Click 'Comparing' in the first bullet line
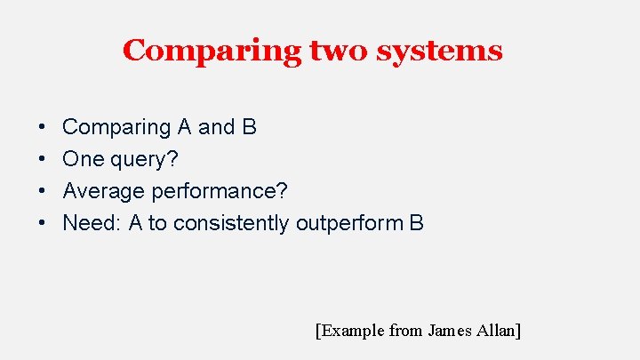[x=116, y=127]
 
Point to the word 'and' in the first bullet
[x=215, y=127]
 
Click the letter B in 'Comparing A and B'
[x=249, y=127]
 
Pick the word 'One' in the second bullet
[x=81, y=159]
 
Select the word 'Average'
[x=104, y=191]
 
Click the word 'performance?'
[x=220, y=192]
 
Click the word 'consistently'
[x=231, y=223]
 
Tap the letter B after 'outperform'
[x=417, y=223]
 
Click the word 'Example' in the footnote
[x=353, y=331]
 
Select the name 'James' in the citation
[x=452, y=331]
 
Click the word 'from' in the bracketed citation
[x=406, y=331]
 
